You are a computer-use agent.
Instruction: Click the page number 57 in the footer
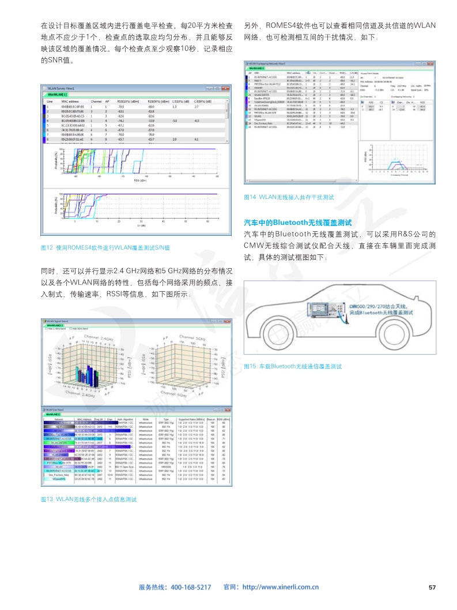tap(433, 587)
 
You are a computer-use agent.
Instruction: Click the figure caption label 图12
tap(47, 248)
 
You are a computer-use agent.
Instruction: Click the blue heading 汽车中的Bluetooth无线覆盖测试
tap(298, 222)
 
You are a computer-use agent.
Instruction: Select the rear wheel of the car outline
tap(278, 341)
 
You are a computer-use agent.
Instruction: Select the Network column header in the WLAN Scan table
tap(59, 419)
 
